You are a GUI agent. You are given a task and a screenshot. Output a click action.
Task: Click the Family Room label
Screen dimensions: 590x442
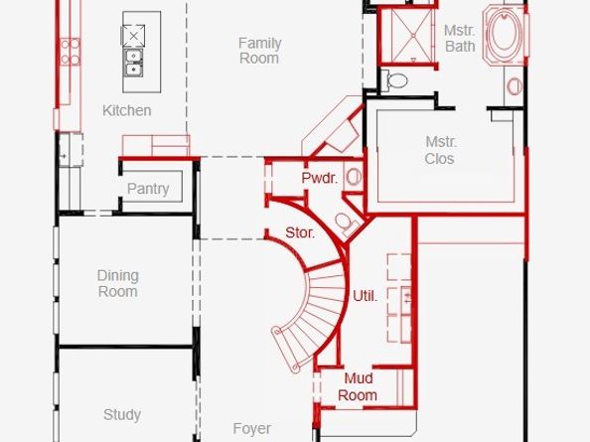click(x=259, y=51)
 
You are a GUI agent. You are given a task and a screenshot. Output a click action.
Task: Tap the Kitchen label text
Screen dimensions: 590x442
click(x=127, y=110)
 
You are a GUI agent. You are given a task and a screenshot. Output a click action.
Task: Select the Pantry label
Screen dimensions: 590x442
click(x=148, y=189)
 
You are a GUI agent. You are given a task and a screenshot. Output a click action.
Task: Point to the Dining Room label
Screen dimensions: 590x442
click(x=118, y=284)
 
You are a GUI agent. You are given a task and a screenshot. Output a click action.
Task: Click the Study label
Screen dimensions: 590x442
click(x=122, y=415)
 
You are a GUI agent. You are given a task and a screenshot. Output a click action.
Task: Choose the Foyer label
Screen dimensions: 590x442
click(x=251, y=428)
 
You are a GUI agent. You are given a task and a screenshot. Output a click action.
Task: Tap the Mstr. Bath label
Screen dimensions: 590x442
click(x=460, y=39)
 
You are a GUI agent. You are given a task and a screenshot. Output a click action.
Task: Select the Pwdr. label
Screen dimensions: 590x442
click(x=320, y=178)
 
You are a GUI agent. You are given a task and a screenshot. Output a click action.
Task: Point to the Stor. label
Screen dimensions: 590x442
click(x=300, y=232)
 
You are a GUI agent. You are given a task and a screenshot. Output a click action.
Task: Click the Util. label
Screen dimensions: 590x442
click(x=365, y=296)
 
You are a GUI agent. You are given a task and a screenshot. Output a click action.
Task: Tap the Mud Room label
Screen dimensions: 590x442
click(x=358, y=386)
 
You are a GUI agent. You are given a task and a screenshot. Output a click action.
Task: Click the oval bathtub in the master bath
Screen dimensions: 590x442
click(x=504, y=34)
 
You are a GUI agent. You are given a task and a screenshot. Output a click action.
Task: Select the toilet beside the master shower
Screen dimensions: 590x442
click(x=394, y=80)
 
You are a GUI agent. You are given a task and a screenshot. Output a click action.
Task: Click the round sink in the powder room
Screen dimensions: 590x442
click(x=354, y=177)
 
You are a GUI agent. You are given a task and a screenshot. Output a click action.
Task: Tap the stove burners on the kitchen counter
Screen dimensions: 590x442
click(x=70, y=52)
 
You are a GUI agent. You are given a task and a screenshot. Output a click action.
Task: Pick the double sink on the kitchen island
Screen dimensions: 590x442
click(x=133, y=63)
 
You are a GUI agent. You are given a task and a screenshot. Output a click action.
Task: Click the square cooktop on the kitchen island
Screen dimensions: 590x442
click(x=133, y=36)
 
